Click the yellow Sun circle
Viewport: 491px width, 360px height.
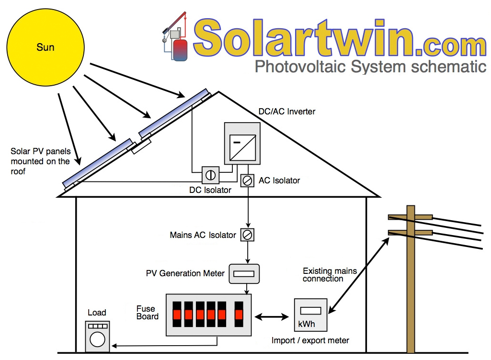coord(46,47)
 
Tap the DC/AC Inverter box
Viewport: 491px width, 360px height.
coord(242,144)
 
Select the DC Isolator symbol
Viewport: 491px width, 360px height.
coord(210,175)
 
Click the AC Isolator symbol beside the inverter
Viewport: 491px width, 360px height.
coord(247,180)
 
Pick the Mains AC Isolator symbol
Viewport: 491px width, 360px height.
coord(247,235)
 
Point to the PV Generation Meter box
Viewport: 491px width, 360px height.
coord(244,273)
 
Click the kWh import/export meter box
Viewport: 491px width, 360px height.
coord(310,315)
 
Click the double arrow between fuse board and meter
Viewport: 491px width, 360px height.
coord(271,316)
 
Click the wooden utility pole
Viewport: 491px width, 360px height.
coord(411,287)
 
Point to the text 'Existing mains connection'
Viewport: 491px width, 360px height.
coord(330,275)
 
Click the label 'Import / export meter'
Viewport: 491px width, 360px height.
coord(310,341)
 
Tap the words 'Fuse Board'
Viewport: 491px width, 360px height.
coord(148,313)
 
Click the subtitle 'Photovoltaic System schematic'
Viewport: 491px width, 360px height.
coord(370,66)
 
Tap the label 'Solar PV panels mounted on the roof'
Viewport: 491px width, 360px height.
coord(40,161)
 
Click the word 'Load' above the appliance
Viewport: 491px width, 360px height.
coord(97,313)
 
